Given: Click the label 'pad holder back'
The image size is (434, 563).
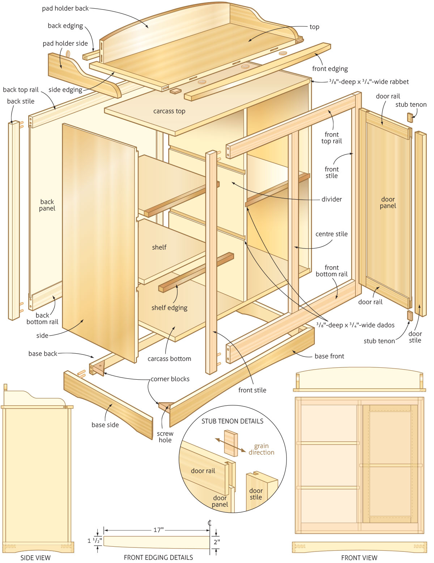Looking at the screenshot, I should point(65,8).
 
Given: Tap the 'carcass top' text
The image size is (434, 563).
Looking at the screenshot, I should point(169,111).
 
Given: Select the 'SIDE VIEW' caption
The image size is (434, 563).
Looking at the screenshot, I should point(35,558).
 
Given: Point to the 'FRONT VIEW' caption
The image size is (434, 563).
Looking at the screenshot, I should point(359,558).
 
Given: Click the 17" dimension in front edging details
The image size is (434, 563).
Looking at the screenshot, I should point(158,530).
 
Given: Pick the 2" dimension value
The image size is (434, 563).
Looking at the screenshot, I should point(217,542).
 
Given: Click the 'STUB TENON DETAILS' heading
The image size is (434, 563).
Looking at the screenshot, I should point(232,421).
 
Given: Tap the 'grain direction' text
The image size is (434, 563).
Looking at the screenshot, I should point(261,449).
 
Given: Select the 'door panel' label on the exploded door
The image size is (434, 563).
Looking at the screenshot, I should point(388,202).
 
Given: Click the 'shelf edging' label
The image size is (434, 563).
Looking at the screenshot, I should point(169,308).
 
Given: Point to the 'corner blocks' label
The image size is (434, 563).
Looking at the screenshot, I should point(170,379).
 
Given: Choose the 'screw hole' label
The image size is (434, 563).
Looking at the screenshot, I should point(165,437).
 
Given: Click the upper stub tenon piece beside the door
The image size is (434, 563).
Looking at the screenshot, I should point(410,118).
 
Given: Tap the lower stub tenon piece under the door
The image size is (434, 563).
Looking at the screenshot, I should point(409,315).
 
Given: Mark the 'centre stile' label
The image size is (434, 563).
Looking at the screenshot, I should point(331,234).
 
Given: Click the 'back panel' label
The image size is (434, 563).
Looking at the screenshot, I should point(47,205).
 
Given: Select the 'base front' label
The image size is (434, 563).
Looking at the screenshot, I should point(329,356).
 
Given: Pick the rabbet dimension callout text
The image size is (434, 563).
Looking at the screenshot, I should point(369,82).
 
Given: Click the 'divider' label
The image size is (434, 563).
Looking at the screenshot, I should point(331,199).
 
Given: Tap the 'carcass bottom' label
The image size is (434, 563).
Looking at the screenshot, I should point(169,359).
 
